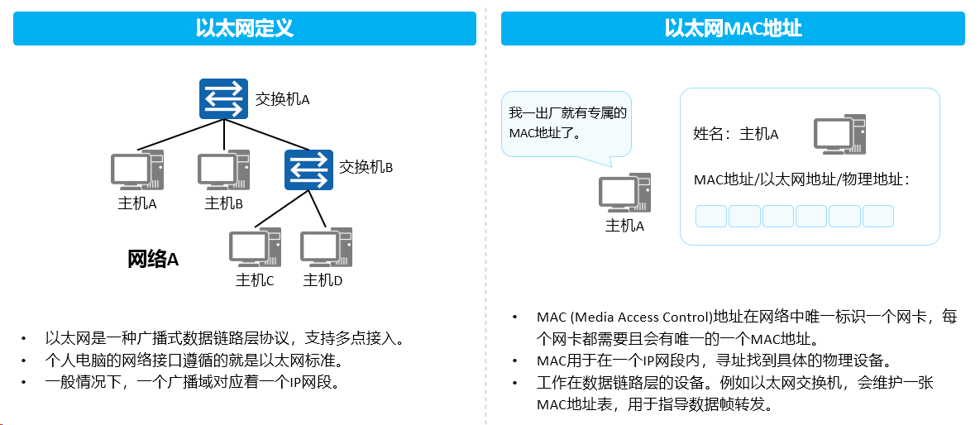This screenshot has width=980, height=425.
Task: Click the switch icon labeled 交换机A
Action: tap(224, 98)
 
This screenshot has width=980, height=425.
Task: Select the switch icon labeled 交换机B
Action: tap(308, 170)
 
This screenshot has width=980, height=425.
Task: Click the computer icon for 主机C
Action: tap(255, 247)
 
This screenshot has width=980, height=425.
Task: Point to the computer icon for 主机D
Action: tap(326, 247)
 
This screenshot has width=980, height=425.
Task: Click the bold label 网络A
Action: tap(153, 259)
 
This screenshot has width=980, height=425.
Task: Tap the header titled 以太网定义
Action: tap(244, 29)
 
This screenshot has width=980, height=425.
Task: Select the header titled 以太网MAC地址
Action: tap(733, 29)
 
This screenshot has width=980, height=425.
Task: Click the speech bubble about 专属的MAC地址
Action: tap(566, 125)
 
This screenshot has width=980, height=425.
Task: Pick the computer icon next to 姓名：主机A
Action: tap(839, 134)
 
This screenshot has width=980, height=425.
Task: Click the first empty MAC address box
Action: tap(711, 217)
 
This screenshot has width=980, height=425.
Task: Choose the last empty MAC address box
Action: tap(878, 217)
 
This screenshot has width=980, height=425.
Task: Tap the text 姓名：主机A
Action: tap(736, 134)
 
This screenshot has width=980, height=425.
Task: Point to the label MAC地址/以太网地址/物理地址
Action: tap(801, 179)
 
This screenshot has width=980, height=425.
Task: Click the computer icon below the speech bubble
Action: tap(625, 193)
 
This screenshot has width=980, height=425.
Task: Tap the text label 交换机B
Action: tap(366, 168)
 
